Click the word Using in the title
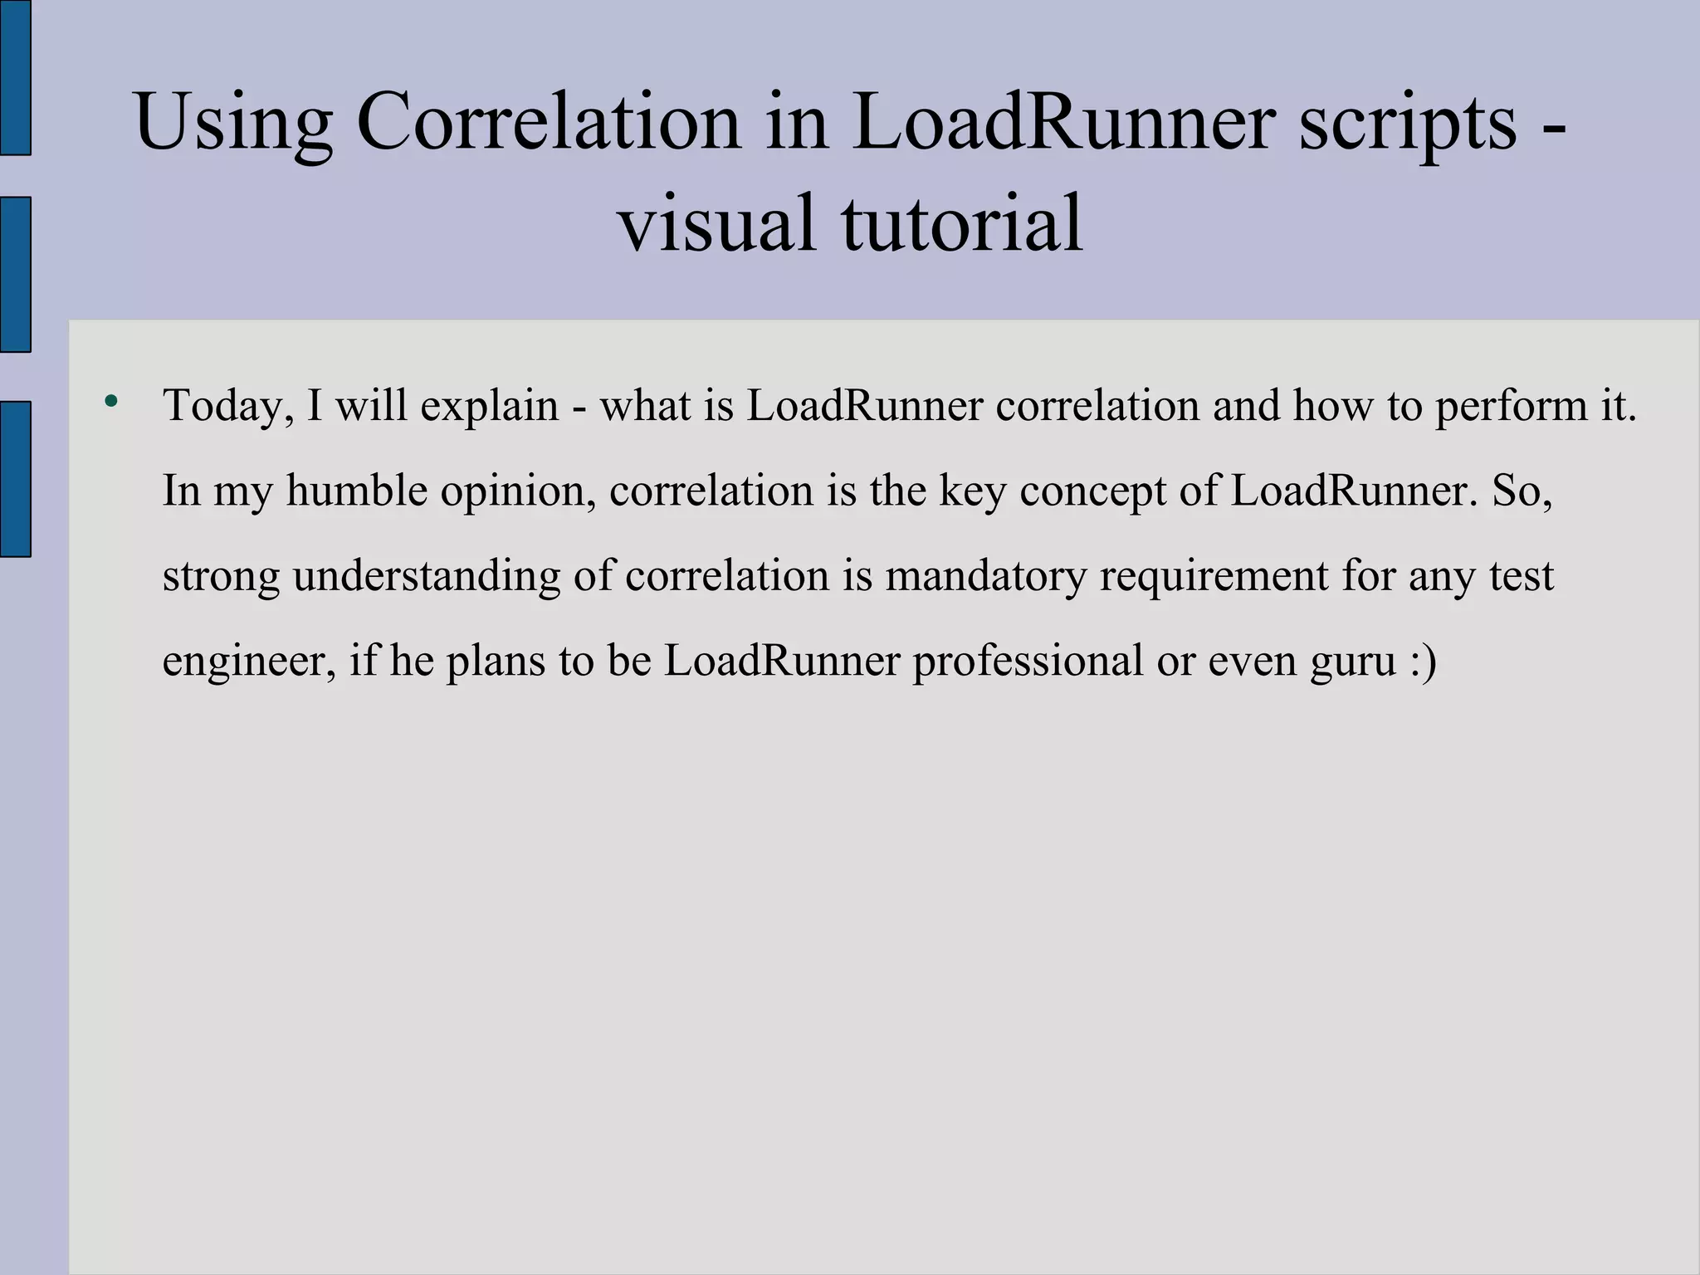pyautogui.click(x=233, y=123)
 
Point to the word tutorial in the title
pyautogui.click(x=963, y=222)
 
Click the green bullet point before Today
pyautogui.click(x=111, y=403)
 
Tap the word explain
pyautogui.click(x=490, y=406)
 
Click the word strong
pyautogui.click(x=221, y=576)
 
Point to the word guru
pyautogui.click(x=1353, y=662)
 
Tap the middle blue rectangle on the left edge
pyautogui.click(x=15, y=275)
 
